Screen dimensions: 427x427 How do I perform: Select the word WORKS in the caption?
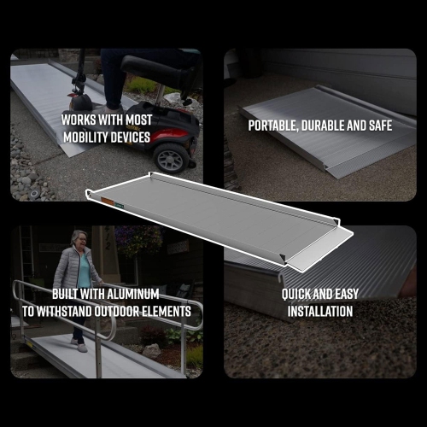pyautogui.click(x=81, y=120)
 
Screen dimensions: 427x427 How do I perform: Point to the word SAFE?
pyautogui.click(x=376, y=126)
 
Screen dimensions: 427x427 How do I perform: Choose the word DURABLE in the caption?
pyautogui.click(x=325, y=126)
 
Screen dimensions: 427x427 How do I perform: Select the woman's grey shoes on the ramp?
pyautogui.click(x=78, y=346)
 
